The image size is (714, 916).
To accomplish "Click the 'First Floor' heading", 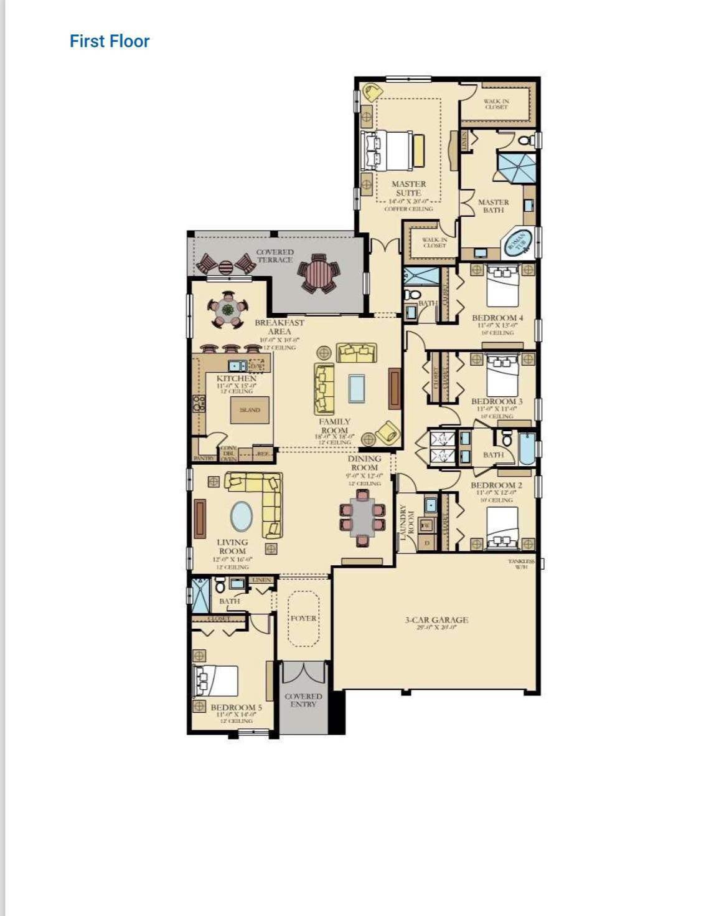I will click(110, 41).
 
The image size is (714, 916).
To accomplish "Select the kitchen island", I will click(250, 409).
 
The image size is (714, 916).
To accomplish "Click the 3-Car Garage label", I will click(436, 620).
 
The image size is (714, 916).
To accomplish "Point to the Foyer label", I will click(303, 618).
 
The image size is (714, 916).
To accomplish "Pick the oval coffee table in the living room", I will click(242, 517).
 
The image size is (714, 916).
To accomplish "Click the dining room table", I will click(362, 518).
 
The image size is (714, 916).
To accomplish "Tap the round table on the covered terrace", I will click(318, 273).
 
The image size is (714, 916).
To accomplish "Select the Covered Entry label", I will click(303, 700).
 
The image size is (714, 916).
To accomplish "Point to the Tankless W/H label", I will click(521, 564).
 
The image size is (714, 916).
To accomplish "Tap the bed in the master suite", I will click(391, 150).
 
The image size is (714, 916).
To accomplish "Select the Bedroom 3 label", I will click(497, 402).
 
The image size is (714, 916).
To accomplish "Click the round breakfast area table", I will click(227, 310).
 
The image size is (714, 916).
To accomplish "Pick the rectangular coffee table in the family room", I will click(357, 388).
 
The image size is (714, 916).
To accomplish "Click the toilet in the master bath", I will click(525, 140).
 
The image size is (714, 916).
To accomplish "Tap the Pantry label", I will click(204, 458).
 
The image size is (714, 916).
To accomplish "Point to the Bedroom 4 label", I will click(497, 318).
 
